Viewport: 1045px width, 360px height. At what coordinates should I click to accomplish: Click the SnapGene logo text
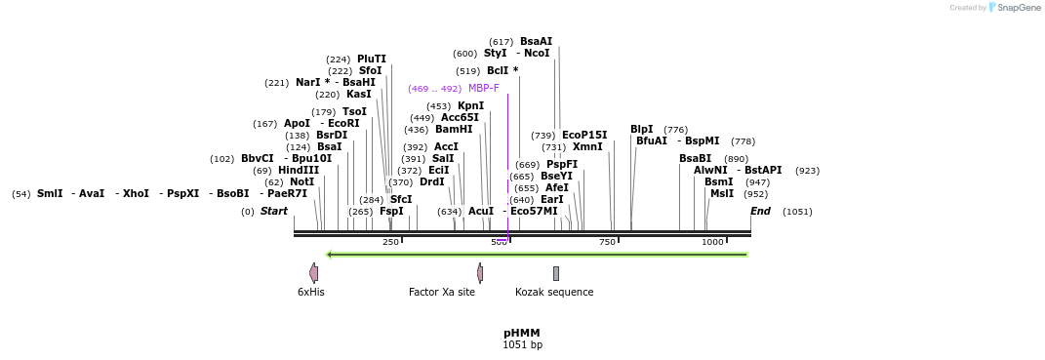[1019, 8]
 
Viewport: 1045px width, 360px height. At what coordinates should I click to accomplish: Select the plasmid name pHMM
[522, 333]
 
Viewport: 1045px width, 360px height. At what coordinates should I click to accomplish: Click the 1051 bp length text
[522, 344]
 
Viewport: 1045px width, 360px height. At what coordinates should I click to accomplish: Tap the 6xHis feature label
[311, 292]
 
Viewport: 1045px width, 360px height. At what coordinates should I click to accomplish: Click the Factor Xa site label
[442, 292]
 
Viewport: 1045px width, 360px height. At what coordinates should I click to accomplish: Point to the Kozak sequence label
[554, 292]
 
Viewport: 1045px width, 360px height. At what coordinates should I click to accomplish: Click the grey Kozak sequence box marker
[556, 273]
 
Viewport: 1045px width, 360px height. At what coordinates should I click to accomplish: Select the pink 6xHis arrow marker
[313, 273]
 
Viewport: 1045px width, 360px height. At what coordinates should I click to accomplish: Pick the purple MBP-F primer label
[483, 88]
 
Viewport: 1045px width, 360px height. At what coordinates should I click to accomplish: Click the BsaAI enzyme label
[536, 41]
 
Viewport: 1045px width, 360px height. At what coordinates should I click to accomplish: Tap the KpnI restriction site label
[470, 105]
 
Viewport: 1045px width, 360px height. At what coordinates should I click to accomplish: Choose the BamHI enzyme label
[454, 129]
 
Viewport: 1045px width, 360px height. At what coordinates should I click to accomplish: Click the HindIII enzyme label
[299, 170]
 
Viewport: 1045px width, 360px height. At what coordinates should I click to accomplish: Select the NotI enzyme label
[302, 181]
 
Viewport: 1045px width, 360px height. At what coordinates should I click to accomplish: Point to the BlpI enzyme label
[641, 129]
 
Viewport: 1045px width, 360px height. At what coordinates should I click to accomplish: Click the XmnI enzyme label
[587, 146]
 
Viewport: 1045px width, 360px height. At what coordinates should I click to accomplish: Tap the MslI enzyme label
[722, 193]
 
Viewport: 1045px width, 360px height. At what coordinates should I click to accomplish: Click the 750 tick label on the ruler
[607, 242]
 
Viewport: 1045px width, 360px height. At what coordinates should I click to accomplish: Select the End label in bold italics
[761, 211]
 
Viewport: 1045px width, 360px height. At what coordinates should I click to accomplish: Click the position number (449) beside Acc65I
[422, 117]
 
